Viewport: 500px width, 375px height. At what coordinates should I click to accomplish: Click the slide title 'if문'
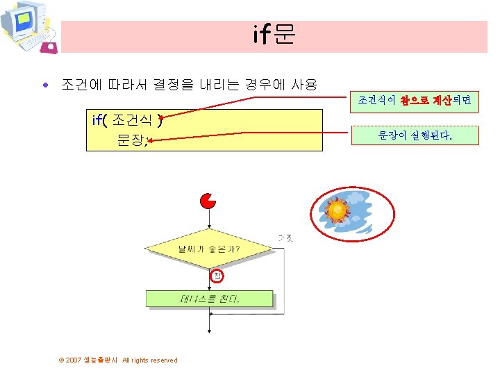click(x=274, y=35)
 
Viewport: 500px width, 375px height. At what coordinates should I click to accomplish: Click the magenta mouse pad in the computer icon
click(x=49, y=47)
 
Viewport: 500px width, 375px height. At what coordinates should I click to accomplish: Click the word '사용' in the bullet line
click(x=303, y=85)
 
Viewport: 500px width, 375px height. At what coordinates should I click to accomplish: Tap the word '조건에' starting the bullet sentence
click(x=81, y=85)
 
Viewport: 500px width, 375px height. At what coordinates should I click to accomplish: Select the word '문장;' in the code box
click(x=133, y=140)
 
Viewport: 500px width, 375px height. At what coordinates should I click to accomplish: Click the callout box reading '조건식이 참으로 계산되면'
click(x=415, y=101)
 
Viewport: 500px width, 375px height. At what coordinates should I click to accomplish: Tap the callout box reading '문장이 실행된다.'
click(x=415, y=136)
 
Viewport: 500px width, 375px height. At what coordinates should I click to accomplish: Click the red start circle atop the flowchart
click(x=208, y=201)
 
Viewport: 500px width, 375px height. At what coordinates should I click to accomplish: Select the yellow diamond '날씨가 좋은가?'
click(x=209, y=248)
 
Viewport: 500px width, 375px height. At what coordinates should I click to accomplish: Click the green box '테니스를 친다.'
click(x=209, y=299)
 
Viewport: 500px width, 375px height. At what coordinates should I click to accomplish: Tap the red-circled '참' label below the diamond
click(x=217, y=276)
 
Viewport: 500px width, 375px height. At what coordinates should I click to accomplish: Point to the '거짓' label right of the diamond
click(x=285, y=238)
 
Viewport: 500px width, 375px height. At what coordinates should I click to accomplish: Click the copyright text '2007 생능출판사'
click(x=90, y=360)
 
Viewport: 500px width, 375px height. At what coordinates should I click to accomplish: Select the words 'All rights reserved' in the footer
click(x=150, y=360)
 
